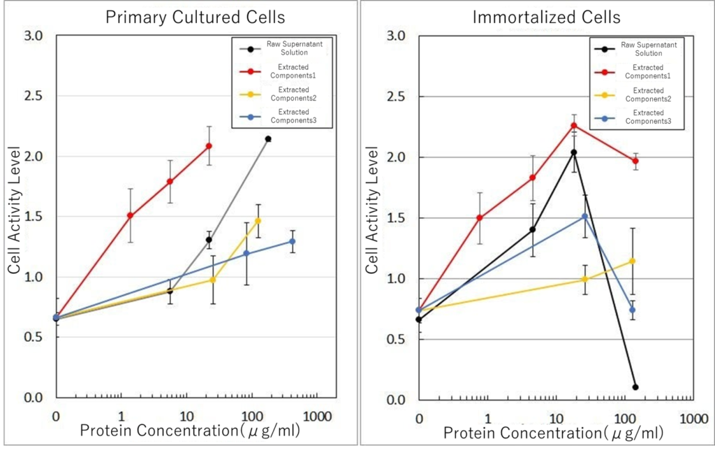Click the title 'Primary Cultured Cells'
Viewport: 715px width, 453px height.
point(185,17)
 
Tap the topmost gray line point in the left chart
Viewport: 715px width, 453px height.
point(267,139)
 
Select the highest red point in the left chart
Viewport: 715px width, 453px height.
point(209,146)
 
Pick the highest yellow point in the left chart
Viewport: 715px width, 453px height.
point(258,221)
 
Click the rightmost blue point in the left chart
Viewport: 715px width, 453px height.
point(292,241)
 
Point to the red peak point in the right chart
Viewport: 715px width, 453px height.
point(574,126)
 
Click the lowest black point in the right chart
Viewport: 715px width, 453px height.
point(635,387)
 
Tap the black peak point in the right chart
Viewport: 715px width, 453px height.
point(574,152)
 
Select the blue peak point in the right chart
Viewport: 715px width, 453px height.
point(584,217)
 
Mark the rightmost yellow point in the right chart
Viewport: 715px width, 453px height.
point(633,261)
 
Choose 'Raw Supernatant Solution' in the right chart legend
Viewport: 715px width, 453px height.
point(642,49)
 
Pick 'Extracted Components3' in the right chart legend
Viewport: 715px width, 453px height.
point(648,117)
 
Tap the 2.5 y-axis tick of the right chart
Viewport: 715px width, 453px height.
point(395,96)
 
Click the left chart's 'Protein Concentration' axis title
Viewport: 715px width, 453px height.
point(190,431)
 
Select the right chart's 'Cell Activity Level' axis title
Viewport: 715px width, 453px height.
point(372,210)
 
